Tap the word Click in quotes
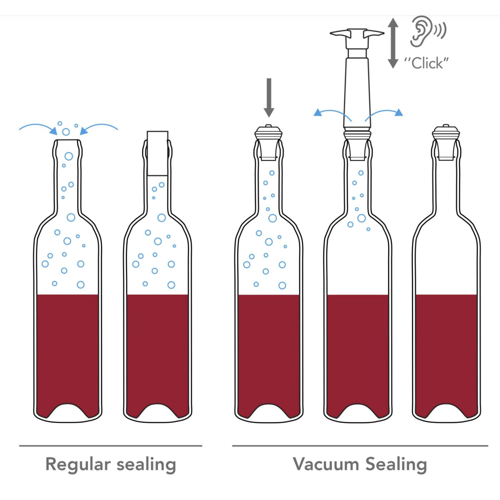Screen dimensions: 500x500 pos(426,63)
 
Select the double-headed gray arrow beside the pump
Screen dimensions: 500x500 pos(393,43)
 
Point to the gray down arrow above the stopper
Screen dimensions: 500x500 pos(269,98)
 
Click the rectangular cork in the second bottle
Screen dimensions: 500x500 pos(157,153)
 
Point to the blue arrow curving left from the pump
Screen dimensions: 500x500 pos(332,115)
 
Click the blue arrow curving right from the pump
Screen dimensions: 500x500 pos(384,115)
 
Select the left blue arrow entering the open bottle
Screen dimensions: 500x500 pos(39,129)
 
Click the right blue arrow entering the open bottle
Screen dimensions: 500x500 pos(99,129)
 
